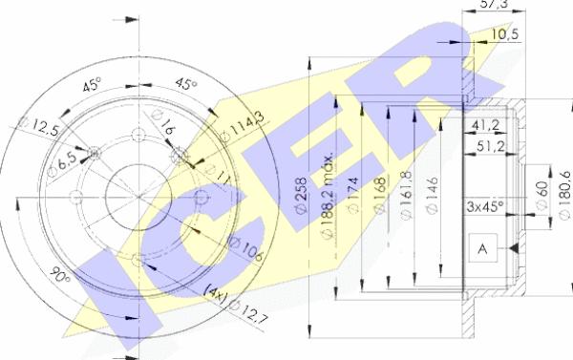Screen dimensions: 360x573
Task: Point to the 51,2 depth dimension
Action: coord(492,145)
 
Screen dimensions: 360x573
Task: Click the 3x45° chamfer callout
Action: coord(486,203)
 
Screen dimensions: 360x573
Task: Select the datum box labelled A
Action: coord(482,249)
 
